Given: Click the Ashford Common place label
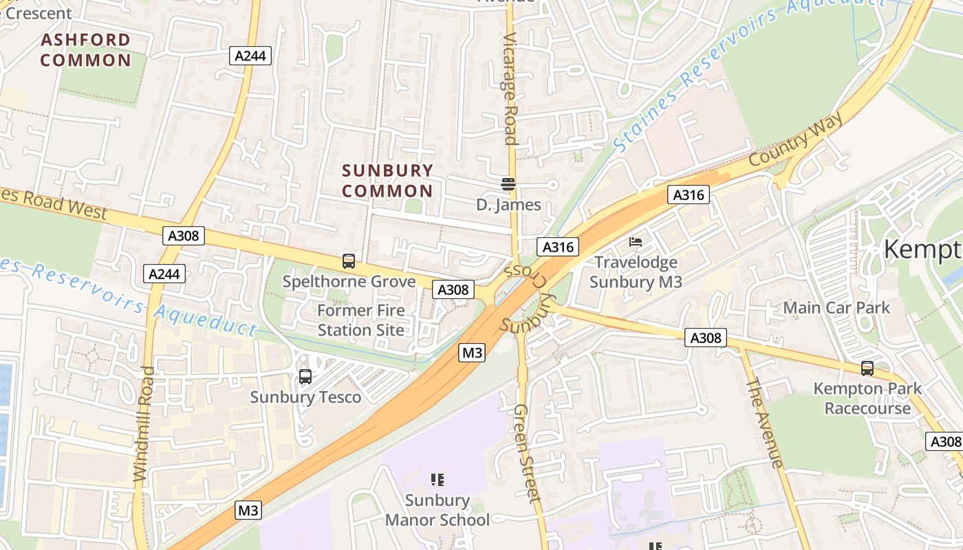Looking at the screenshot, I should click(x=85, y=49).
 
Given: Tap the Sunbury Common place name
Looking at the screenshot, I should click(x=387, y=180).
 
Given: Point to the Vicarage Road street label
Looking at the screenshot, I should click(x=510, y=89).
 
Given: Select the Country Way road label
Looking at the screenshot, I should click(x=796, y=140).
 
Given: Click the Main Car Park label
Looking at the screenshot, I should click(x=836, y=307).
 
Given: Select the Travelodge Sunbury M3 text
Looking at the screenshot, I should click(x=636, y=272).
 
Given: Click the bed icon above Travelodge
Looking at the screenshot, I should click(x=636, y=242).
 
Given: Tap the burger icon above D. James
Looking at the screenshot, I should click(x=508, y=184).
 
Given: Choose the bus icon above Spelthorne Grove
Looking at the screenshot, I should click(x=349, y=261).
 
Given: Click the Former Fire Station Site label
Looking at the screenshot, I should click(x=361, y=320).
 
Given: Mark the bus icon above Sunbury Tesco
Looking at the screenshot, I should click(x=305, y=377).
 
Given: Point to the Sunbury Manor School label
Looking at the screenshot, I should click(x=437, y=509).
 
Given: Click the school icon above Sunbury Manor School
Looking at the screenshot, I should click(x=437, y=479).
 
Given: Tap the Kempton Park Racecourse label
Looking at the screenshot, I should click(x=867, y=399).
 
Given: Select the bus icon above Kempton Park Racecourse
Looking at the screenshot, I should click(x=867, y=368).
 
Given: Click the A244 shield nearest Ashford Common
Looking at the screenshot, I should click(x=250, y=56).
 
